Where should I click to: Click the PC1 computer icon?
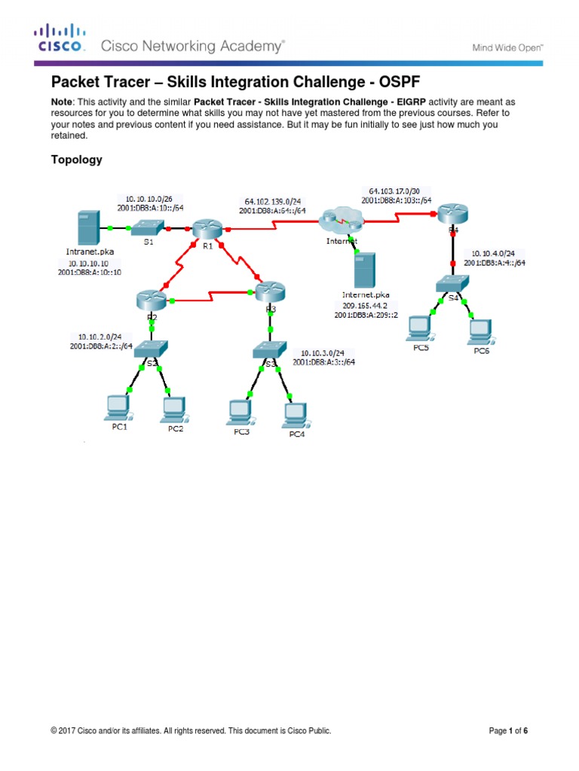click(118, 407)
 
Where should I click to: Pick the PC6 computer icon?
click(480, 329)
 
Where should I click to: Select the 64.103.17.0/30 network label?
click(397, 190)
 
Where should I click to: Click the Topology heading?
click(76, 160)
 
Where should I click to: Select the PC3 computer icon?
click(240, 410)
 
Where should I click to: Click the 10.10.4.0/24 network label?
click(494, 253)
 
